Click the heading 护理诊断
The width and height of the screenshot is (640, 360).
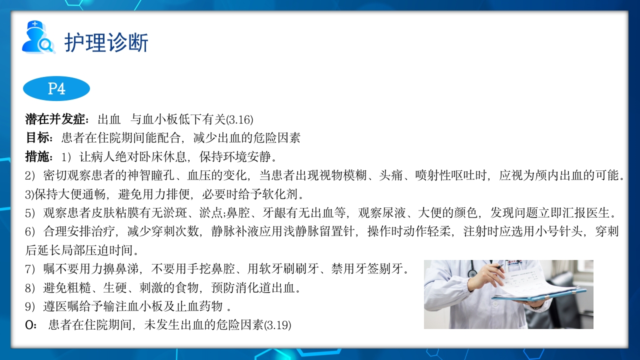click(x=106, y=42)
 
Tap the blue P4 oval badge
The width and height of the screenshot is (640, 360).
click(x=56, y=88)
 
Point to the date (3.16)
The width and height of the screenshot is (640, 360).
click(x=240, y=120)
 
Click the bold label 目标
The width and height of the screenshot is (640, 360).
click(x=38, y=138)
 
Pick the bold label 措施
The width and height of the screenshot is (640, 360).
click(x=38, y=157)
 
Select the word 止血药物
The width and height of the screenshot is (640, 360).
click(x=191, y=306)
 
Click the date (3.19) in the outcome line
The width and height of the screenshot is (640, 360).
click(x=278, y=325)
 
